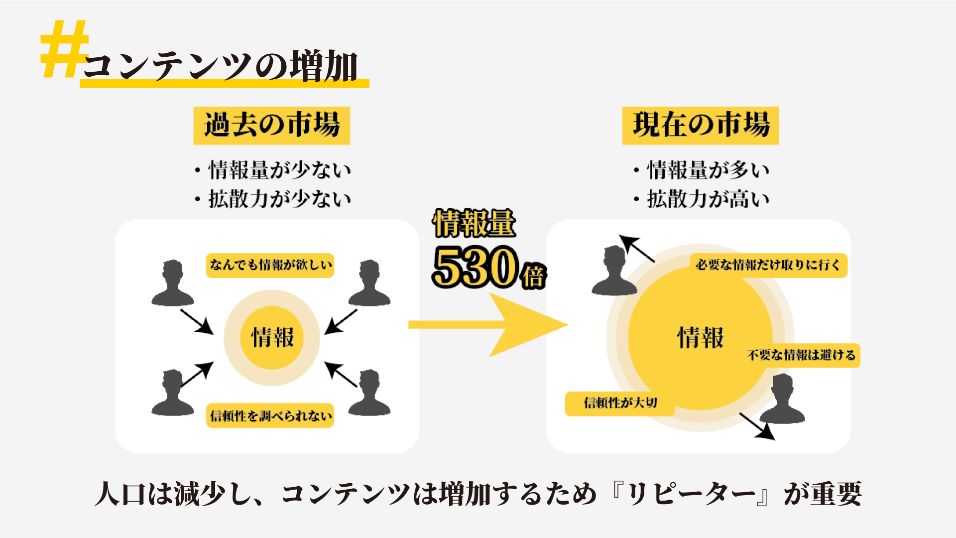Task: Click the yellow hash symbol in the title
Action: click(x=64, y=49)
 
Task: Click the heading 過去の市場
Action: click(x=272, y=125)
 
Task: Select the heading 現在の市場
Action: click(x=701, y=125)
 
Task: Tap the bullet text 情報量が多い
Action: click(x=708, y=170)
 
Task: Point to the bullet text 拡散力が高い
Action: click(x=708, y=199)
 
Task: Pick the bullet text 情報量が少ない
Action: click(x=280, y=170)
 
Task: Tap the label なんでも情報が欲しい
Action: click(x=270, y=265)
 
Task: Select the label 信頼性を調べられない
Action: click(x=270, y=415)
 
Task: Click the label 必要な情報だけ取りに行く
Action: click(x=768, y=265)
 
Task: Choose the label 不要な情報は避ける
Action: click(x=801, y=355)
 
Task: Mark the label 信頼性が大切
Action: click(x=620, y=403)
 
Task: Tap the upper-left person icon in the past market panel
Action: click(x=172, y=283)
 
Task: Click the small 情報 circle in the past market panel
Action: click(x=272, y=338)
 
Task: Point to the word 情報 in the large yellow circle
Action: click(x=700, y=338)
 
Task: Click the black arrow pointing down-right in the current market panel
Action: click(x=757, y=426)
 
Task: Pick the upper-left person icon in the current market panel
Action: click(x=614, y=271)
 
